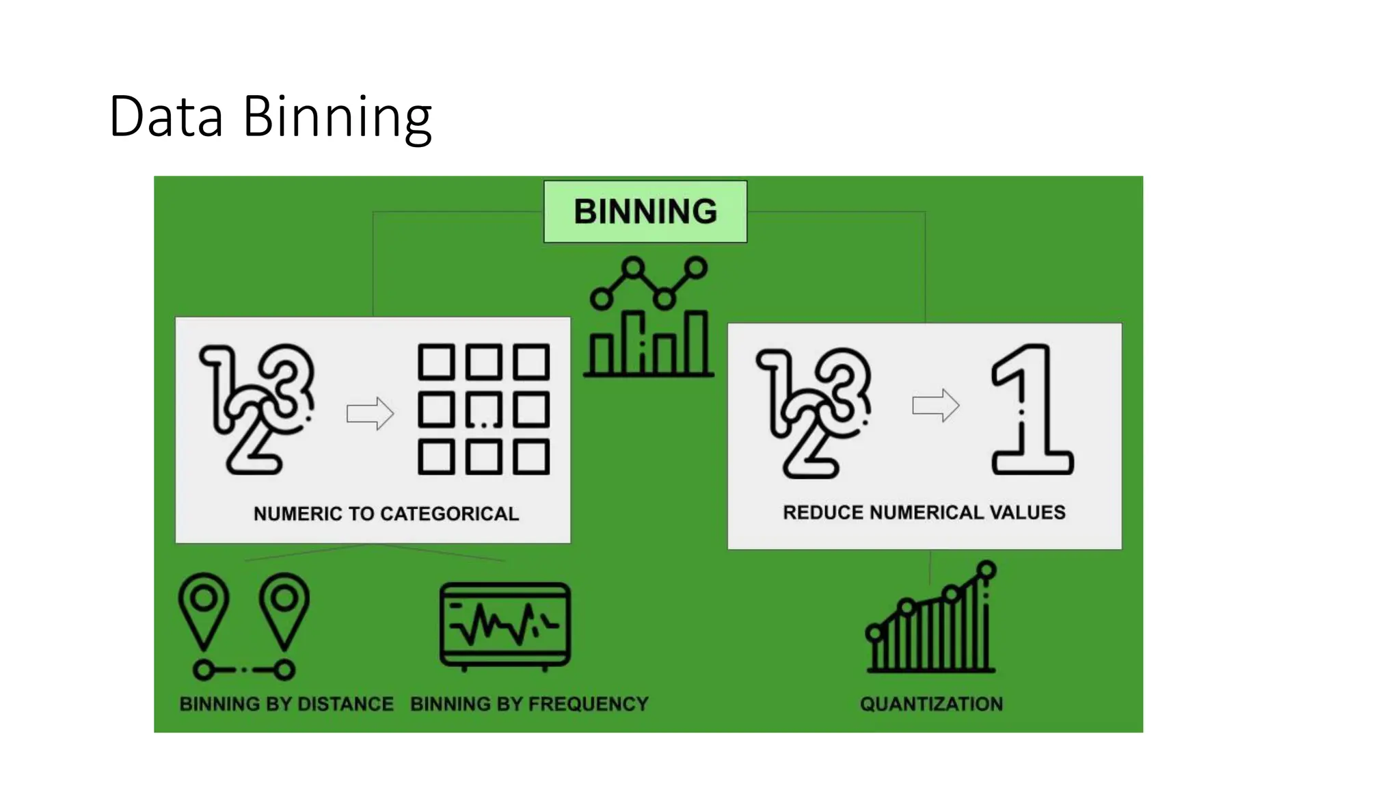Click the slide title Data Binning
270,116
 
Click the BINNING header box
645,211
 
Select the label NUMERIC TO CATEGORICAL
386,514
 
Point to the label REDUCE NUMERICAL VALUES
924,512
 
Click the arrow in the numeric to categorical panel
370,413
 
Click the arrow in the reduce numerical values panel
936,405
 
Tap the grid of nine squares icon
483,409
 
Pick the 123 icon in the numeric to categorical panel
257,409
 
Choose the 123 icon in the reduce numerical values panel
813,412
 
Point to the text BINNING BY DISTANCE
286,704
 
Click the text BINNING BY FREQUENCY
529,704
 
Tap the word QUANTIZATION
931,704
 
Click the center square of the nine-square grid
483,410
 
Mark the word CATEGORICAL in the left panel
449,514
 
